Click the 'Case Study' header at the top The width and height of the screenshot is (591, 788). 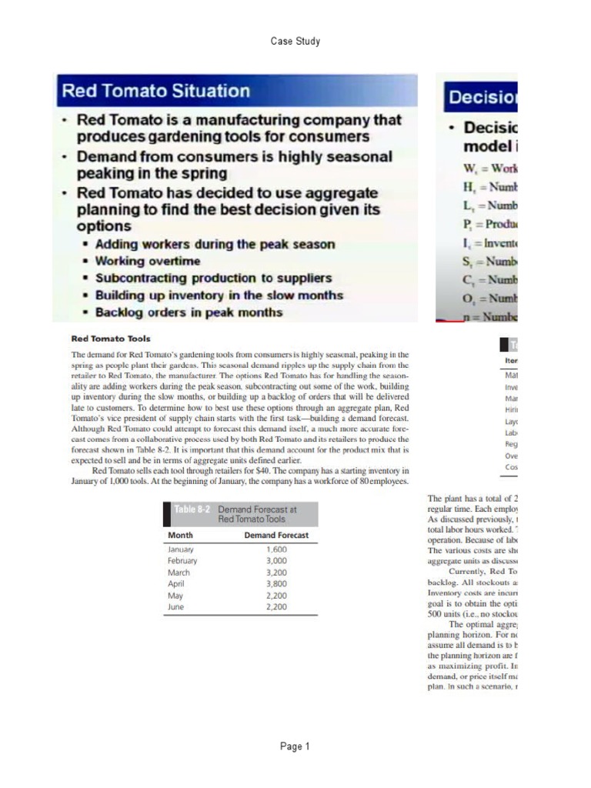pos(295,41)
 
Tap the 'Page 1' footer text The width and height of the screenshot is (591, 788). pos(295,746)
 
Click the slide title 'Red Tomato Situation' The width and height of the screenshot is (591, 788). pos(155,91)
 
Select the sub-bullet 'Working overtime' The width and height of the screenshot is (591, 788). pos(147,261)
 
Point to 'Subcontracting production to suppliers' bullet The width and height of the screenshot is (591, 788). pos(213,278)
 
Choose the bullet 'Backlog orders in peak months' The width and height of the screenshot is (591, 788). pos(189,312)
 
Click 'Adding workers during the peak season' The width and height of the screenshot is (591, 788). pos(215,244)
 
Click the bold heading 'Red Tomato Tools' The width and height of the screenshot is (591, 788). pos(111,338)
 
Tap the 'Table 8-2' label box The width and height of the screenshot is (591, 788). pos(191,509)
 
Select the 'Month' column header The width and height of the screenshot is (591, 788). pos(181,535)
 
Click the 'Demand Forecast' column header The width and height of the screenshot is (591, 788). pos(276,535)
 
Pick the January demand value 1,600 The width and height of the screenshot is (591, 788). pos(276,549)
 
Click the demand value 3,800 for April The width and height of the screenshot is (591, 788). pos(276,584)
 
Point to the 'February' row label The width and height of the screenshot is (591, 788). pos(182,561)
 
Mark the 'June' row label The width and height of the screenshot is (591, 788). pos(176,606)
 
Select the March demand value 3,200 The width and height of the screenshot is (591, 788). pos(276,573)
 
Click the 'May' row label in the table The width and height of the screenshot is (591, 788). pos(175,596)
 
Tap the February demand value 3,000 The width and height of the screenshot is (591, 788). pos(276,561)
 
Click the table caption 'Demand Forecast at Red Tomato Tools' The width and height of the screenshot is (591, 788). pos(257,514)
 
